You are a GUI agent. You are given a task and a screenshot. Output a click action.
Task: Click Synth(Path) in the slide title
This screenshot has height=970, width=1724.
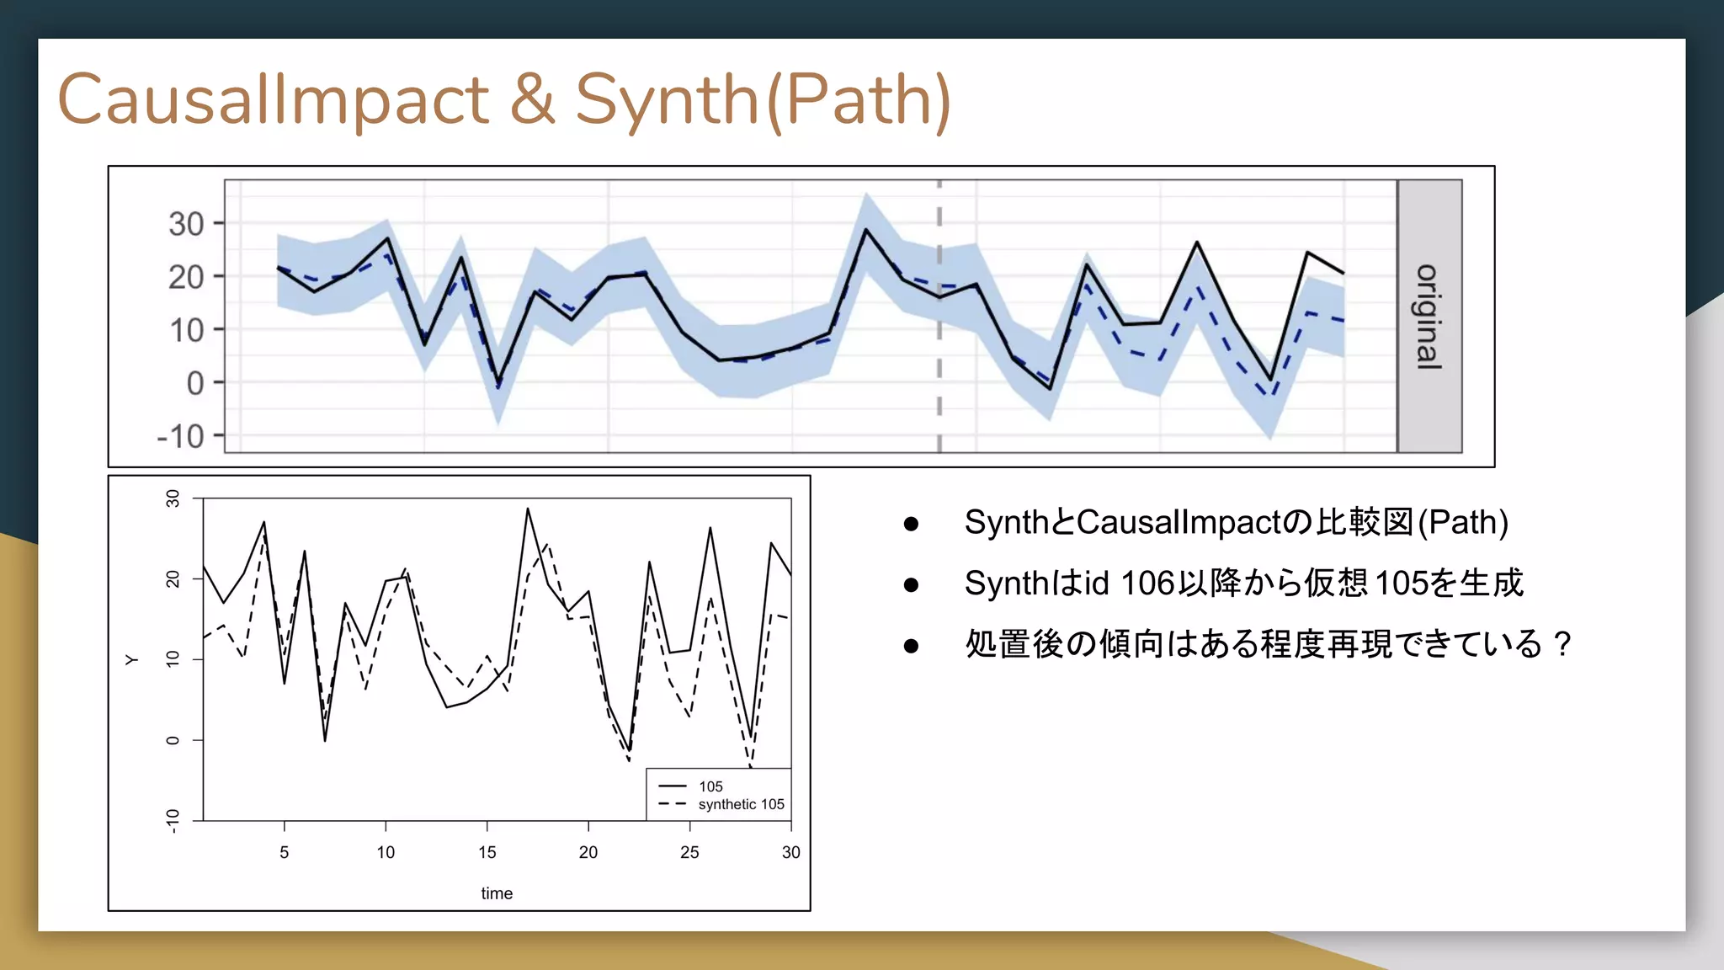[x=762, y=99]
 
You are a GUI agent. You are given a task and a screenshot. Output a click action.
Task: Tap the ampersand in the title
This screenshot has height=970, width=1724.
[x=531, y=99]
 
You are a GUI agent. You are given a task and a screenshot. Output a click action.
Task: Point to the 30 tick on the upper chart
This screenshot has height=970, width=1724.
[x=186, y=224]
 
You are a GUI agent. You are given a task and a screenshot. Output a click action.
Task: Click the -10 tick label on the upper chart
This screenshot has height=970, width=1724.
[x=180, y=436]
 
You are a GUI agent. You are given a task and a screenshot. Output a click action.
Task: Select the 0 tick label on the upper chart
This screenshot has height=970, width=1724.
[x=194, y=383]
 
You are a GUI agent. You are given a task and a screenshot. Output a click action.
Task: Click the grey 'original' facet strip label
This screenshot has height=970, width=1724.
[x=1429, y=317]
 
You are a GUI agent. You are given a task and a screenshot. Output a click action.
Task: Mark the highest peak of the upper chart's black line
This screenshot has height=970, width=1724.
[x=865, y=229]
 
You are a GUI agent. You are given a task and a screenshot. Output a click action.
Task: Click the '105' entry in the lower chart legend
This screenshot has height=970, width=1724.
[x=710, y=786]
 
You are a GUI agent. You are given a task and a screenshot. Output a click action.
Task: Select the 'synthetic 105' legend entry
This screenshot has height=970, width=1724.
[x=741, y=804]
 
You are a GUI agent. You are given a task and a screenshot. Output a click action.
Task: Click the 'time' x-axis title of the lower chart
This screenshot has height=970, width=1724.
[x=497, y=893]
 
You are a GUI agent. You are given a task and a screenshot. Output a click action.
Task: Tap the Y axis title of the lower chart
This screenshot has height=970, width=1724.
[x=132, y=659]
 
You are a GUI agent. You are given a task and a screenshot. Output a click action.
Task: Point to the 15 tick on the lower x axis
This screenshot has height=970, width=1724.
[x=487, y=852]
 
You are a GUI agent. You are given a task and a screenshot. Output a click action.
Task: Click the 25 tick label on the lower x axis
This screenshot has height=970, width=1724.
[x=689, y=852]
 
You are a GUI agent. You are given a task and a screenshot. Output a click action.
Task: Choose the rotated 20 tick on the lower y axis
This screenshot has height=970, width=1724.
[x=173, y=578]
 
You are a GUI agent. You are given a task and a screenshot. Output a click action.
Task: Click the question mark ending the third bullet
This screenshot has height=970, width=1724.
[x=1563, y=644]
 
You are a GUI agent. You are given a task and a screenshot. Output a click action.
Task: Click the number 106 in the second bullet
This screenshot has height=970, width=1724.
[x=1147, y=583]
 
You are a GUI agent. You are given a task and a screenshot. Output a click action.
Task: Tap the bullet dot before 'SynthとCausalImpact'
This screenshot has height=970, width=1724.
[x=911, y=524]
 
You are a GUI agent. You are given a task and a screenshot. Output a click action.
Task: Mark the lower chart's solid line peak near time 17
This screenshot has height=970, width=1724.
[x=528, y=509]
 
